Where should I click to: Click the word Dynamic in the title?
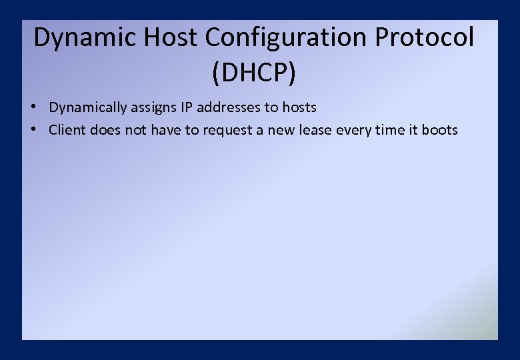pyautogui.click(x=79, y=38)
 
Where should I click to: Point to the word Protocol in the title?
pyautogui.click(x=425, y=38)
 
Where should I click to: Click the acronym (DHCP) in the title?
pyautogui.click(x=254, y=73)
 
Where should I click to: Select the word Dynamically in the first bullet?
pyautogui.click(x=87, y=108)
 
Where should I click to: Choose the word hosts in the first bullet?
pyautogui.click(x=299, y=107)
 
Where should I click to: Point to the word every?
pyautogui.click(x=354, y=131)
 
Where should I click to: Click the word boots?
pyautogui.click(x=440, y=130)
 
